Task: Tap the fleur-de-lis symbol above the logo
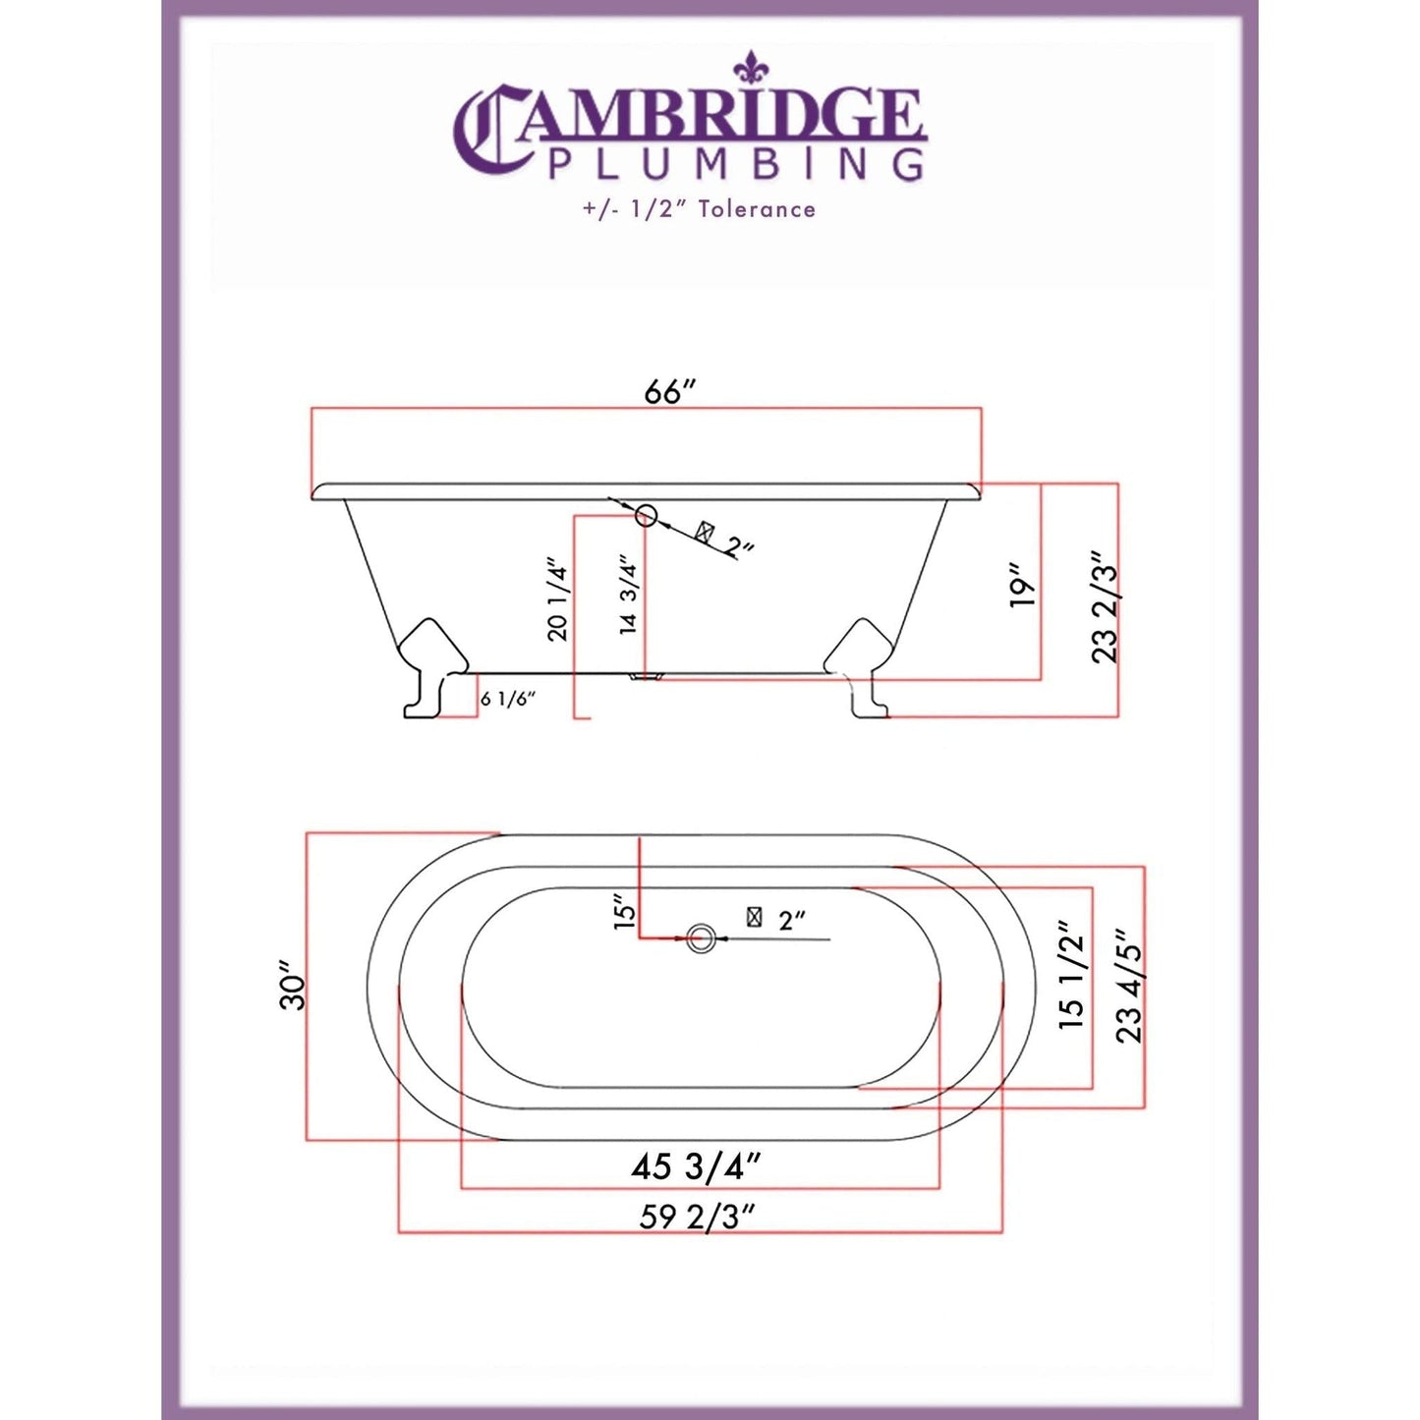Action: pos(751,66)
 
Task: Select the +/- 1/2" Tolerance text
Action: pos(697,209)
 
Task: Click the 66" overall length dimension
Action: pos(669,391)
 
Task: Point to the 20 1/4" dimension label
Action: pos(558,600)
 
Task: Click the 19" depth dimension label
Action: pos(1023,585)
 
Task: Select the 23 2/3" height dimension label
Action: pos(1106,607)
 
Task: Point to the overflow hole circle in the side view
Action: pos(646,514)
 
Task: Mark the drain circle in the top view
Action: pos(700,938)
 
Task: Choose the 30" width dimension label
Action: pos(293,986)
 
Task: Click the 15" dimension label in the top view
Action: pos(625,911)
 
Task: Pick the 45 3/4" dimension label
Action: pos(696,1166)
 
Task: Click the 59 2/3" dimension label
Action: pos(697,1217)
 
